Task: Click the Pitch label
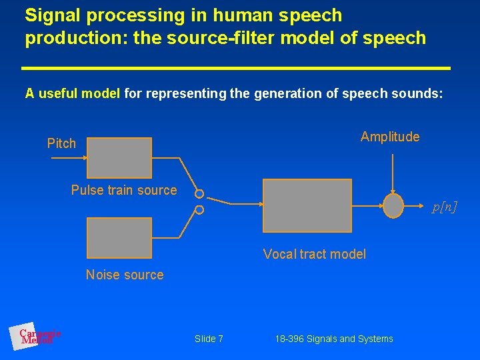click(x=61, y=143)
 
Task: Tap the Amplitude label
click(x=390, y=137)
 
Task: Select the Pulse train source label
click(x=124, y=190)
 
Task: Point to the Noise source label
click(x=125, y=275)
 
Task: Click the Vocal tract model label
click(x=315, y=253)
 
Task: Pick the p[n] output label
click(x=445, y=207)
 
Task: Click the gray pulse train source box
click(x=119, y=157)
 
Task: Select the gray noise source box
click(x=119, y=237)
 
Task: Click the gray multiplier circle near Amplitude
click(x=394, y=206)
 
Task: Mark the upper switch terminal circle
click(x=199, y=194)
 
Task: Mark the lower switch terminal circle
click(x=199, y=210)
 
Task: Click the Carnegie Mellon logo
click(x=37, y=336)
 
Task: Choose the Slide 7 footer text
click(x=209, y=339)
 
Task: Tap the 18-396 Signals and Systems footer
click(x=333, y=339)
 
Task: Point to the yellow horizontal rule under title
click(x=236, y=68)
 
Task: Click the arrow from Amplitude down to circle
click(x=394, y=170)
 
